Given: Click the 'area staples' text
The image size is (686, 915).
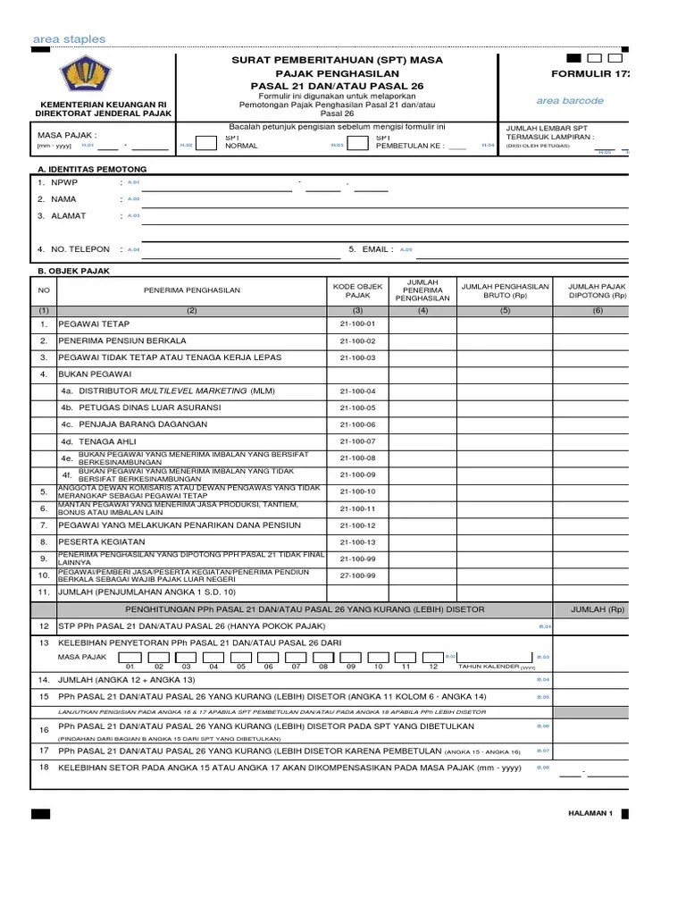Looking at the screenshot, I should pyautogui.click(x=69, y=39).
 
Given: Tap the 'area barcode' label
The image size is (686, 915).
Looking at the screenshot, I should pyautogui.click(x=570, y=101).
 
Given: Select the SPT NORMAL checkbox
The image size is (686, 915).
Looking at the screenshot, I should pyautogui.click(x=205, y=144).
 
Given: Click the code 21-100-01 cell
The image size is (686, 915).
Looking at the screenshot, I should pyautogui.click(x=357, y=323).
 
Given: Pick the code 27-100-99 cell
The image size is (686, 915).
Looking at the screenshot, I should pyautogui.click(x=357, y=575).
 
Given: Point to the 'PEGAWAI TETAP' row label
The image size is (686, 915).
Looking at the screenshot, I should pyautogui.click(x=94, y=323).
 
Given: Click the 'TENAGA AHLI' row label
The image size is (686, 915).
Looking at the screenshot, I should pyautogui.click(x=94, y=441).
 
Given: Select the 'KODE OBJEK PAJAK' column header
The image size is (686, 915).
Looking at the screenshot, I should pyautogui.click(x=357, y=290).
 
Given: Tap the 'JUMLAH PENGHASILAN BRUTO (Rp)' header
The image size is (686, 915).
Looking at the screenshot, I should pyautogui.click(x=505, y=290).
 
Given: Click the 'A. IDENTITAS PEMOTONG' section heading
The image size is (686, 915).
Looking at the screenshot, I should pyautogui.click(x=89, y=169).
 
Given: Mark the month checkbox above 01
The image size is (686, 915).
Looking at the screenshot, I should pyautogui.click(x=130, y=657).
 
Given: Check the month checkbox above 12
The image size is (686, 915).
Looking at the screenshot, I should pyautogui.click(x=433, y=657).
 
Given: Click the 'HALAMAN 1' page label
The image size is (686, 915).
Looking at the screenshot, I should pyautogui.click(x=589, y=814).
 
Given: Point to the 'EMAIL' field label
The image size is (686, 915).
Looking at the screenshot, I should pyautogui.click(x=374, y=250).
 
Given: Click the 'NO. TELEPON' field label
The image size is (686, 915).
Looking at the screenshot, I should pyautogui.click(x=80, y=250).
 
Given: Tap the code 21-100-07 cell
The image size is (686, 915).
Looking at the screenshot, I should pyautogui.click(x=357, y=441).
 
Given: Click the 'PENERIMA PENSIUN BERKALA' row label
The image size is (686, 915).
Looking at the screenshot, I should pyautogui.click(x=122, y=340).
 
